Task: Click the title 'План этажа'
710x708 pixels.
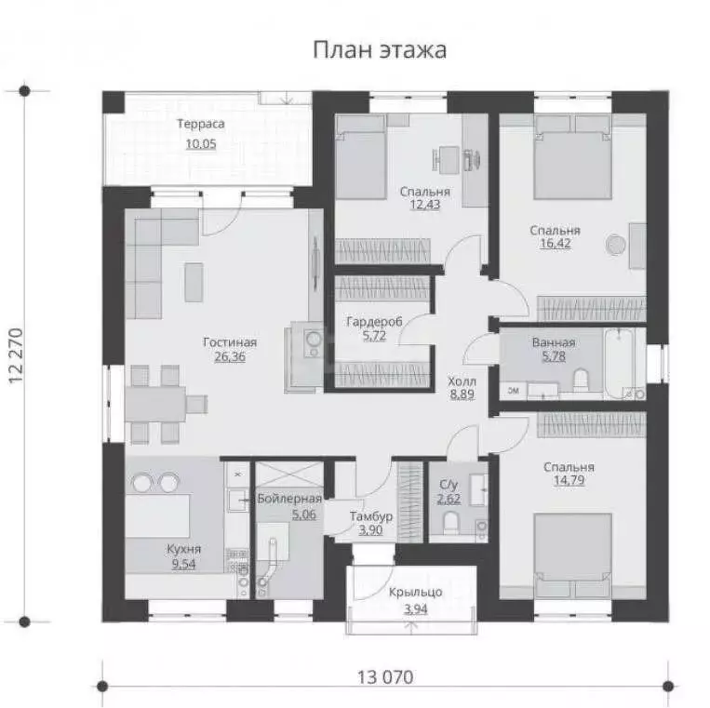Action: pyautogui.click(x=378, y=49)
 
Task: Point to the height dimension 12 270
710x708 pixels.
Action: pyautogui.click(x=14, y=356)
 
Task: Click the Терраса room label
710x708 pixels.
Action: pyautogui.click(x=200, y=124)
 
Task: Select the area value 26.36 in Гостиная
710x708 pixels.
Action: pyautogui.click(x=229, y=356)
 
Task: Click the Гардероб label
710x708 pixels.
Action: pyautogui.click(x=374, y=321)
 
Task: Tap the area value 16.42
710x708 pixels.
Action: pyautogui.click(x=555, y=245)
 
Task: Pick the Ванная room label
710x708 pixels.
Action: pyautogui.click(x=554, y=342)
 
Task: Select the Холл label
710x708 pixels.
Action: pyautogui.click(x=462, y=381)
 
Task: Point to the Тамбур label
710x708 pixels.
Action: pyautogui.click(x=371, y=515)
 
